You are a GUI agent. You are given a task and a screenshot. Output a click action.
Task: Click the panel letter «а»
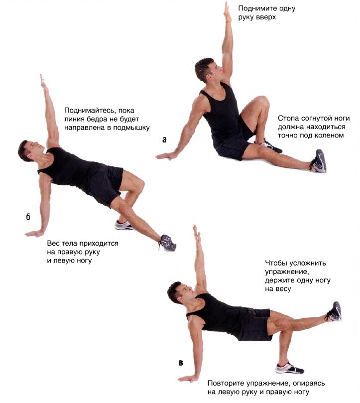click(164, 139)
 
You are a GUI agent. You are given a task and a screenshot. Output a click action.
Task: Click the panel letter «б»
click(28, 217)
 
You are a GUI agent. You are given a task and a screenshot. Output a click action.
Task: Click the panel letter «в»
click(181, 363)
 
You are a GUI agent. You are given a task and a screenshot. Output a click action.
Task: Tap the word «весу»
click(284, 289)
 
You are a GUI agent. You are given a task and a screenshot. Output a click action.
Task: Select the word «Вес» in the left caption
click(53, 243)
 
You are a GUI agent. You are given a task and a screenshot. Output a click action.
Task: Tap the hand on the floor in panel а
click(166, 155)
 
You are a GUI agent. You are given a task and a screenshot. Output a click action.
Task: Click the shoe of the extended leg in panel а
click(319, 161)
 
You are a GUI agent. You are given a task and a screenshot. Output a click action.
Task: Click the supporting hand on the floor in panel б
click(35, 233)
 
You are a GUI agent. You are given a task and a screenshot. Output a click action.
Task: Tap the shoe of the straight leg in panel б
click(167, 243)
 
